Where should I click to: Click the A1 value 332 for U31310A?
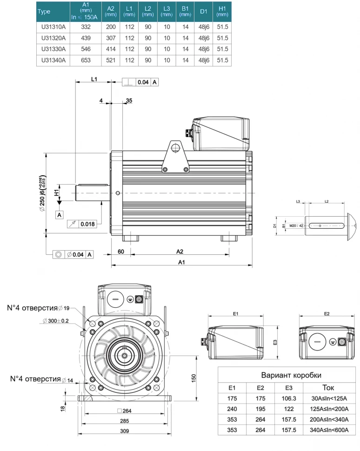click(x=85, y=27)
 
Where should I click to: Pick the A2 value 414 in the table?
click(x=110, y=48)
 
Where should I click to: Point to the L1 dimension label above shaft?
click(x=93, y=80)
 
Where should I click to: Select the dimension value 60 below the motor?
click(x=121, y=252)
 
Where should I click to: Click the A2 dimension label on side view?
click(x=180, y=252)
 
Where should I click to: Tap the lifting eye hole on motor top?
click(x=175, y=148)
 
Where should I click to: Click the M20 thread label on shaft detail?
click(x=293, y=225)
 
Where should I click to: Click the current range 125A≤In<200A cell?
click(x=329, y=409)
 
